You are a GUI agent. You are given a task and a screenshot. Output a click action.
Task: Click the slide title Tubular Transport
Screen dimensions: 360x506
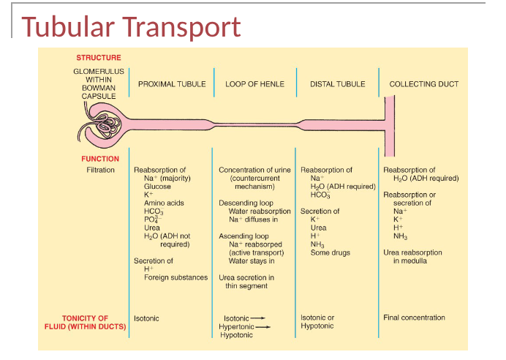132,27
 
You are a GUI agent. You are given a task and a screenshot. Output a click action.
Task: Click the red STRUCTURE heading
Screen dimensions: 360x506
99,57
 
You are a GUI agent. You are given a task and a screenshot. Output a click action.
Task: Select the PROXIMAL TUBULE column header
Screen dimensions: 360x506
172,84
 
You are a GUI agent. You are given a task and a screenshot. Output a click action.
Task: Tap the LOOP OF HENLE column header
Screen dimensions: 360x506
254,84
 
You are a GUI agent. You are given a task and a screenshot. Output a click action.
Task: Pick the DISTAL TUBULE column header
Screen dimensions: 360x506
337,84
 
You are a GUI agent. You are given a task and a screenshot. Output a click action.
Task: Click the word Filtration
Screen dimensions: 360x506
101,170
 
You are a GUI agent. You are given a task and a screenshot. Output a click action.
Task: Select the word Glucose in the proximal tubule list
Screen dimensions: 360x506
157,187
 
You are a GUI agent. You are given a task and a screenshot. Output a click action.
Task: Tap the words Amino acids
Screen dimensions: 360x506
164,203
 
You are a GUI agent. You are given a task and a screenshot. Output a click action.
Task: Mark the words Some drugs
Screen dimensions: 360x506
331,252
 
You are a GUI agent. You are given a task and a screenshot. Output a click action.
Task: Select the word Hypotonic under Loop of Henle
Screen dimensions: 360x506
236,335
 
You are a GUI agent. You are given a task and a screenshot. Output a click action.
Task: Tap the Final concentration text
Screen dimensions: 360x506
414,318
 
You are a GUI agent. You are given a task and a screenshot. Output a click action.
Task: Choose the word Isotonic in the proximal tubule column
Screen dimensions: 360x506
146,318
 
